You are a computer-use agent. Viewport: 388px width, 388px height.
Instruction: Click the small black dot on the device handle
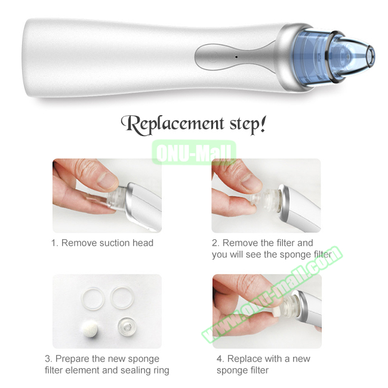click(236, 57)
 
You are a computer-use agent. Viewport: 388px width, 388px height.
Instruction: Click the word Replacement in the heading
click(173, 125)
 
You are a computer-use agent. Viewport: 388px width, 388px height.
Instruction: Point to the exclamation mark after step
click(262, 124)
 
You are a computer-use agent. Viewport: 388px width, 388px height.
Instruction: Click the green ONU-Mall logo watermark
click(194, 152)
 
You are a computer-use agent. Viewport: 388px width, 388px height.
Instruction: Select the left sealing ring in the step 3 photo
click(93, 298)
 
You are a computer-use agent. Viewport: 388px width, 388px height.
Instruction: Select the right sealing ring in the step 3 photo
click(122, 298)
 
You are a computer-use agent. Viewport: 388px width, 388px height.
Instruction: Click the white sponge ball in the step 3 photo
click(89, 329)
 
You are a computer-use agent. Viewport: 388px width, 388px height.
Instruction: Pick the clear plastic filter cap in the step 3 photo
click(127, 327)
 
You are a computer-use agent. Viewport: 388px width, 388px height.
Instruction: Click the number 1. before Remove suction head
click(55, 243)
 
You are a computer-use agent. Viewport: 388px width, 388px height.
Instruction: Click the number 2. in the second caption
click(216, 243)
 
